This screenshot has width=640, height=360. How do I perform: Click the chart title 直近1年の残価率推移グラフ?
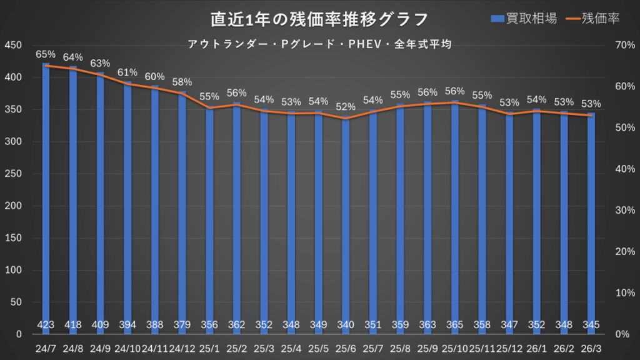pyautogui.click(x=319, y=19)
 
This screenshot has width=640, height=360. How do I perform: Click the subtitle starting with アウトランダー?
pyautogui.click(x=319, y=45)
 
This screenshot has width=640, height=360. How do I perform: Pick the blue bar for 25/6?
pyautogui.click(x=346, y=225)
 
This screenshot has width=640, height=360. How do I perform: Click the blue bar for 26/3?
pyautogui.click(x=591, y=225)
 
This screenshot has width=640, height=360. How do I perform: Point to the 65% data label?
pyautogui.click(x=46, y=55)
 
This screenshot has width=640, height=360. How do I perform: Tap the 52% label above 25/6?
pyautogui.click(x=346, y=107)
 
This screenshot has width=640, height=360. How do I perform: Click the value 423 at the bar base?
pyautogui.click(x=46, y=324)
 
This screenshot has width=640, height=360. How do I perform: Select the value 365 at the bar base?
pyautogui.click(x=454, y=324)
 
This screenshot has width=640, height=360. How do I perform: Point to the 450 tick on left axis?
pyautogui.click(x=13, y=45)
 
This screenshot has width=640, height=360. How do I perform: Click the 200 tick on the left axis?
pyautogui.click(x=13, y=206)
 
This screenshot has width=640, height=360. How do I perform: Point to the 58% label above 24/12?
pyautogui.click(x=182, y=82)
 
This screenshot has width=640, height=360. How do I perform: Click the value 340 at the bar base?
pyautogui.click(x=346, y=324)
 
